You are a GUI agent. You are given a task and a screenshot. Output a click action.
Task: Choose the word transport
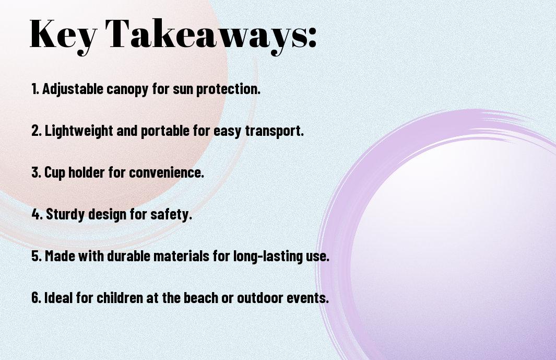tap(275, 131)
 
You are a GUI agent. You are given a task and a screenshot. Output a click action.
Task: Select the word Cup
tap(55, 173)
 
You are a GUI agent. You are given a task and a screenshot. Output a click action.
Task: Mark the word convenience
tap(167, 172)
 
